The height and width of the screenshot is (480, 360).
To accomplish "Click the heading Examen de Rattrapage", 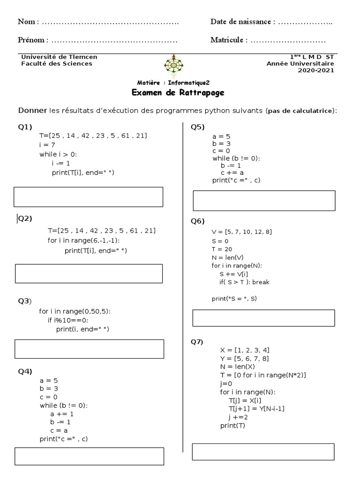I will coord(178,92).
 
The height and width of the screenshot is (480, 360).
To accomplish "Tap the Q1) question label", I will coord(25,127).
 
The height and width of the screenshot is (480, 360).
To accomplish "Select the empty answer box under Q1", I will coord(88,197).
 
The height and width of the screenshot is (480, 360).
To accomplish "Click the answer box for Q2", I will coord(89,273).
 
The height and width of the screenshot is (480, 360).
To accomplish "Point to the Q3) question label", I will coord(25,300).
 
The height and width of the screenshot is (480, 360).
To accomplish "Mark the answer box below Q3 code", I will coord(89,349).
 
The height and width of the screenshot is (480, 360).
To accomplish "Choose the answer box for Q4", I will coord(89,456).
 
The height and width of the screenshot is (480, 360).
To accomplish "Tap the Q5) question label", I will coord(197,127).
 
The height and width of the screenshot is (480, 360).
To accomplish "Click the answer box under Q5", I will coord(264,201).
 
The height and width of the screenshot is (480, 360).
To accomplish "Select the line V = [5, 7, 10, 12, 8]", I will coord(241,232).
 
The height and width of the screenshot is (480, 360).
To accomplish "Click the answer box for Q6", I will coord(263,318).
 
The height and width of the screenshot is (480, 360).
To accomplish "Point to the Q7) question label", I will coord(197,342).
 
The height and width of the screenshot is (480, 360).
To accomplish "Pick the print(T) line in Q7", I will coord(232,426).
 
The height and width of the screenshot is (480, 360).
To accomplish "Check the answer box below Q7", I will coord(263,452).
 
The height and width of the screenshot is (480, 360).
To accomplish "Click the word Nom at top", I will coord(26,22).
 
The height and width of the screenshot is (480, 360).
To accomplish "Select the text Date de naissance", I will coord(240,22).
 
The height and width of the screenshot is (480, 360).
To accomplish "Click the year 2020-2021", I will coord(316,71).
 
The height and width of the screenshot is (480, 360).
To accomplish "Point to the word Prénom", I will coord(31,40).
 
